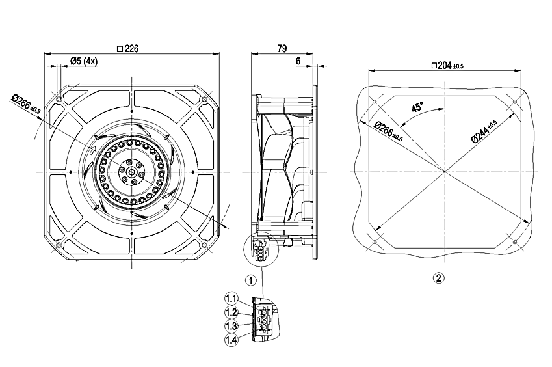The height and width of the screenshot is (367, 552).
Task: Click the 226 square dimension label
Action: (130, 48)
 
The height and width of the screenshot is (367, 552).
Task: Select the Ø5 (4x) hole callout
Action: (83, 61)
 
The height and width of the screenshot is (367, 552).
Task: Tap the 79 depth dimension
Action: (283, 48)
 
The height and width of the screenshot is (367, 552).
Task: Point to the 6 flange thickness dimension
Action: (298, 61)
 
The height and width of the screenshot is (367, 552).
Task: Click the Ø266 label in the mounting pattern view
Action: (388, 130)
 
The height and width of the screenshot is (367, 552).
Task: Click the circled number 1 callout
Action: (250, 280)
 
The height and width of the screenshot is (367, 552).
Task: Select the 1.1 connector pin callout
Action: (231, 298)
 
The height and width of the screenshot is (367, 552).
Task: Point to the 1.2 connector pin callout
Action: (231, 312)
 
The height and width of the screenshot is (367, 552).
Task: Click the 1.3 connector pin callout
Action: (231, 325)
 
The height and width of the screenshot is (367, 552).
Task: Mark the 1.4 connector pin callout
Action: (231, 339)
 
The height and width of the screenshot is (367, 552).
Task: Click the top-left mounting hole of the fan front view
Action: (59, 99)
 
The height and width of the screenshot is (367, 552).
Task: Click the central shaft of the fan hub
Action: (131, 172)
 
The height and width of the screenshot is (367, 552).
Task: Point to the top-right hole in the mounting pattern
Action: (515, 102)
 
